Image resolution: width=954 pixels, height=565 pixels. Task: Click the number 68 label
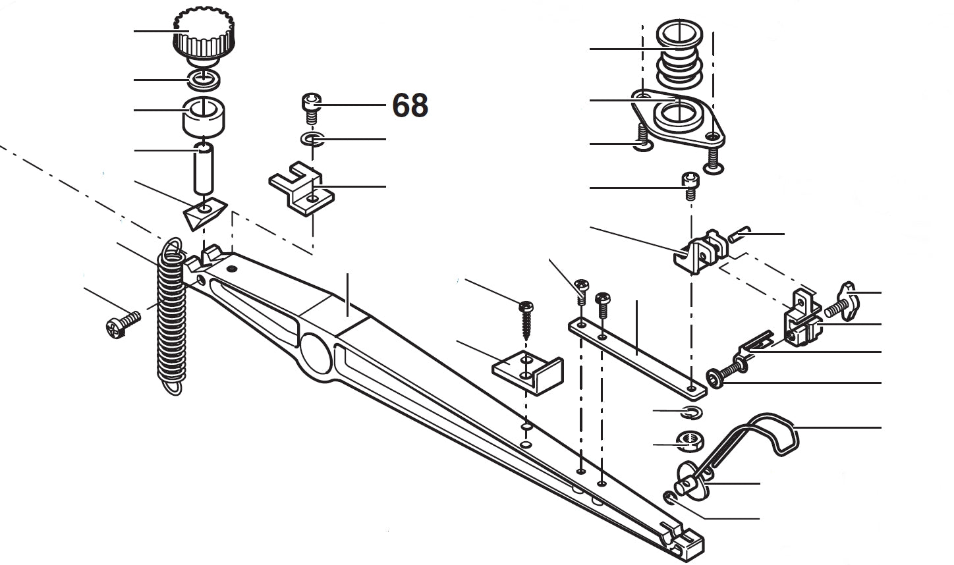pyautogui.click(x=410, y=105)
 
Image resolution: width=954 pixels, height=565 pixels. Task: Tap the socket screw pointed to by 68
pyautogui.click(x=311, y=107)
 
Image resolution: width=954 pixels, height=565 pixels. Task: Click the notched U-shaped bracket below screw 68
pyautogui.click(x=300, y=191)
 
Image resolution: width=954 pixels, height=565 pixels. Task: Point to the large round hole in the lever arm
pyautogui.click(x=316, y=356)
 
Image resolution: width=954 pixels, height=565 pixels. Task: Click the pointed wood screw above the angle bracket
pyautogui.click(x=526, y=318)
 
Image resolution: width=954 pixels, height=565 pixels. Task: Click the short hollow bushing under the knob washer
pyautogui.click(x=204, y=116)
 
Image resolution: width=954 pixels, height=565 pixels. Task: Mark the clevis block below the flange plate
pyautogui.click(x=700, y=252)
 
